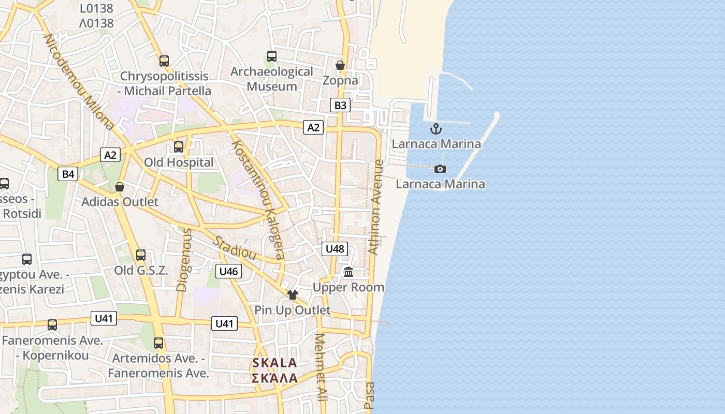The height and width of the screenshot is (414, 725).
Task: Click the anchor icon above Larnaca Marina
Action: click(x=436, y=129)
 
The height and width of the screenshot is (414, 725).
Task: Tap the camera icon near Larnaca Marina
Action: click(x=440, y=169)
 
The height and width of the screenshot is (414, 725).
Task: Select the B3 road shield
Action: click(x=340, y=106)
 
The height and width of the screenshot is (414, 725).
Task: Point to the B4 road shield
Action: click(x=68, y=174)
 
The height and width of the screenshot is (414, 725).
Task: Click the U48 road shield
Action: click(x=335, y=249)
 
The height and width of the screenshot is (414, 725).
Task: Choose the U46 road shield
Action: click(x=228, y=271)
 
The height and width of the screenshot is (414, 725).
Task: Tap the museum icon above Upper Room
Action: click(x=349, y=272)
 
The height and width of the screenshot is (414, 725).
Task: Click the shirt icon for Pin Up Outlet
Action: click(x=293, y=295)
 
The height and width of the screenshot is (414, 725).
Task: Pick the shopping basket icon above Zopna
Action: click(x=340, y=65)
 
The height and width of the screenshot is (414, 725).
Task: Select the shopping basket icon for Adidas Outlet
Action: click(x=120, y=186)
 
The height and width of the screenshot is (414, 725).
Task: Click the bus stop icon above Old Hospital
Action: click(x=179, y=147)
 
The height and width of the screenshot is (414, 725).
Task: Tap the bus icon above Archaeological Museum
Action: click(x=272, y=56)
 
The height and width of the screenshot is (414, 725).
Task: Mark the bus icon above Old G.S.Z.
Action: click(x=141, y=255)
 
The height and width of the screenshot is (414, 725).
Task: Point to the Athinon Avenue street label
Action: click(x=376, y=207)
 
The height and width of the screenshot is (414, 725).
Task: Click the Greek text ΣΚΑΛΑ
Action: click(x=274, y=378)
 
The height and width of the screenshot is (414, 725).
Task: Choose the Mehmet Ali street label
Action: click(x=321, y=367)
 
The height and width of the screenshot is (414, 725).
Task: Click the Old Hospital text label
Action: click(x=179, y=162)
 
